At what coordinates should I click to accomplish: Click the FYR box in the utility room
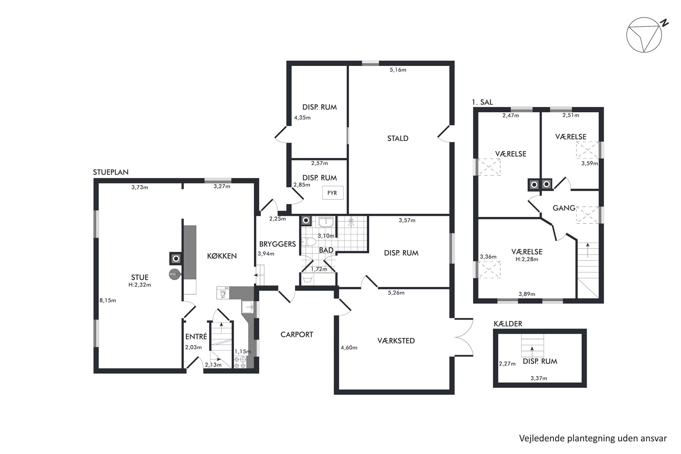[x=332, y=193]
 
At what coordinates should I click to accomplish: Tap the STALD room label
[x=398, y=138]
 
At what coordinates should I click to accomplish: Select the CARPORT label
[x=297, y=335]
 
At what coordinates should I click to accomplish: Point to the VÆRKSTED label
[x=396, y=341]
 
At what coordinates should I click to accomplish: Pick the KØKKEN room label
[x=222, y=256]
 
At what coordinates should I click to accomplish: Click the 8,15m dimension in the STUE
[x=108, y=301]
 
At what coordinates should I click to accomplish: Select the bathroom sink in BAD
[x=326, y=222]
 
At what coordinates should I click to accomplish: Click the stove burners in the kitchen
[x=240, y=363]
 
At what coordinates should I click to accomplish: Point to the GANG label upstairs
[x=564, y=208]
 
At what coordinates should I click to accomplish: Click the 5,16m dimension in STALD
[x=398, y=70]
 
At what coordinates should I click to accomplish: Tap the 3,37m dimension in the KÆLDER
[x=539, y=379]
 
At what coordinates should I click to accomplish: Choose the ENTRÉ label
[x=196, y=337]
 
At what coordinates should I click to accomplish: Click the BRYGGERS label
[x=277, y=244]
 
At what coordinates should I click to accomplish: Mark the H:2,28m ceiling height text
[x=527, y=259]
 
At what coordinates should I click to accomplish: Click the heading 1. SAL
[x=482, y=102]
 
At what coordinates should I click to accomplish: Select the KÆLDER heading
[x=508, y=324]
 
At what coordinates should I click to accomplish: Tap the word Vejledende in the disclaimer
[x=539, y=438]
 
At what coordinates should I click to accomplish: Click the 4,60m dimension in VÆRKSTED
[x=349, y=348]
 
